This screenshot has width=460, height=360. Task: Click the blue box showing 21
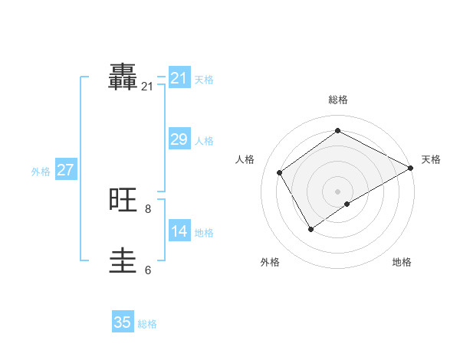[x=179, y=78]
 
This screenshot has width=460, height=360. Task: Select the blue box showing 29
[x=179, y=139]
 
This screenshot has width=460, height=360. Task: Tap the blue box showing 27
[x=65, y=170]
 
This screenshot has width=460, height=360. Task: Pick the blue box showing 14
[x=179, y=231]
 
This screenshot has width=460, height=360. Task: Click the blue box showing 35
[x=123, y=322]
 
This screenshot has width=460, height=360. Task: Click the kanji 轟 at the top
[x=123, y=77]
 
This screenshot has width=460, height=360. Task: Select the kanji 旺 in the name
[x=123, y=201]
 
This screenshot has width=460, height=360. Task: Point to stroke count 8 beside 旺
[x=148, y=208]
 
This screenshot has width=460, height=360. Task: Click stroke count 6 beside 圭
[x=148, y=270]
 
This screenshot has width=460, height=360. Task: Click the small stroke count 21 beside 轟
[x=147, y=87]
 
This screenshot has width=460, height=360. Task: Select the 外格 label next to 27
[x=41, y=172]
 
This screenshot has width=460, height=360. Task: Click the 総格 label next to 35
[x=147, y=324]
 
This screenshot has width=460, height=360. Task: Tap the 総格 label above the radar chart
[x=337, y=100]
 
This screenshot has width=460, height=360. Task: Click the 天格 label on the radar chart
[x=431, y=159]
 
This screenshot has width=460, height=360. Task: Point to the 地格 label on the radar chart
[x=402, y=262]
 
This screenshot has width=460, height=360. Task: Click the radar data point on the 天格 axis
[x=410, y=168]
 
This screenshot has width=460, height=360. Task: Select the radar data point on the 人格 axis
[x=280, y=172]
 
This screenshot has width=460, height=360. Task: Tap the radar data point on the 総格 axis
[x=337, y=130]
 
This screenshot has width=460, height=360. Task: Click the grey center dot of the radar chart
[x=337, y=191]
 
